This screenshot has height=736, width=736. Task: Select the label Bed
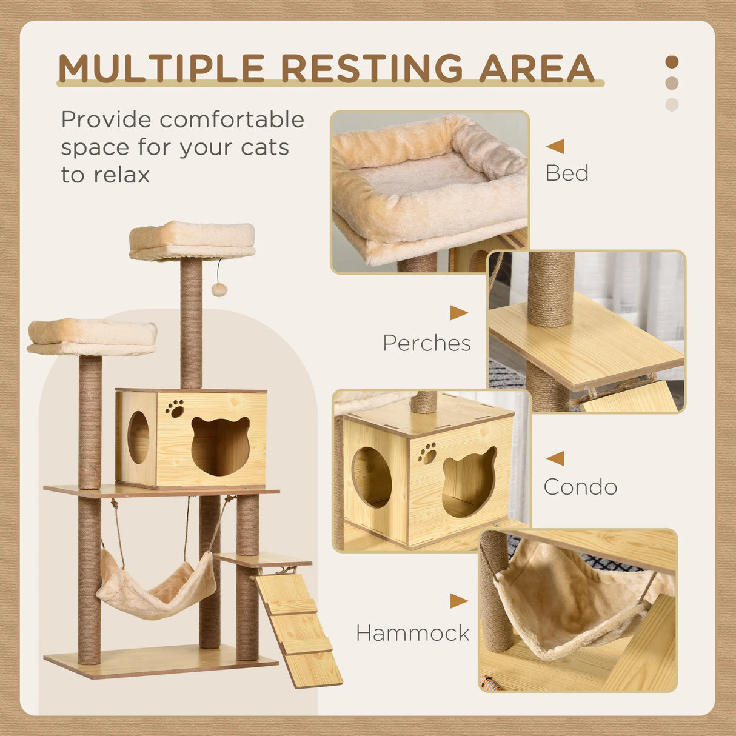567,173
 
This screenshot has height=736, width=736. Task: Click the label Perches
427,343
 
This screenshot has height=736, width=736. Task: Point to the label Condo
580,487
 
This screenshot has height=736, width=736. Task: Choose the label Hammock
413,634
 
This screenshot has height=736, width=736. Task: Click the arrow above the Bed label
555,146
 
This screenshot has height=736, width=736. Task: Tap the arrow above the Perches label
459,313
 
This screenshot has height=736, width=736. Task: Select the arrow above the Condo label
555,458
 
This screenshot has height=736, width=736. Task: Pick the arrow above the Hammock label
459,601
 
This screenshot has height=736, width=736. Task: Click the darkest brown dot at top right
672,62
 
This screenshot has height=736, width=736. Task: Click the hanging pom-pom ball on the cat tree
219,289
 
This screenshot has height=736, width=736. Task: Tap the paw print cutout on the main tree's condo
175,408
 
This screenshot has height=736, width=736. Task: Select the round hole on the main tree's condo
138,437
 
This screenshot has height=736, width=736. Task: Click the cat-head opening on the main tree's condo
221,445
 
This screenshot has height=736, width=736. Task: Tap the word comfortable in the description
232,119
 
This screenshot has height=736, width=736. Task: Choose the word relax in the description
122,175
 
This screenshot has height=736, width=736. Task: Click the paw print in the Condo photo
427,452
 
